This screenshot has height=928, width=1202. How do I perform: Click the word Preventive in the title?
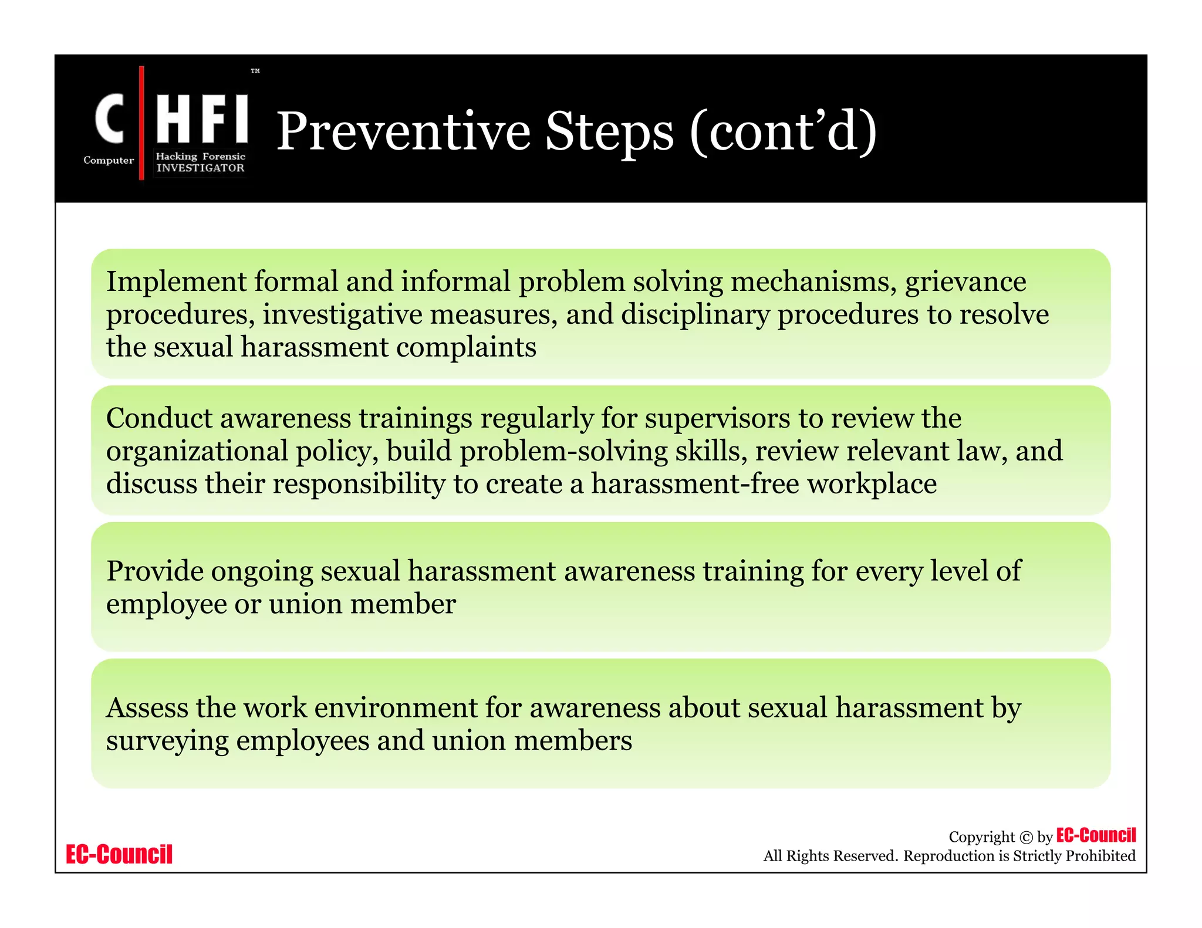403,131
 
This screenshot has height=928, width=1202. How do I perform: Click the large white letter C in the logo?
110,119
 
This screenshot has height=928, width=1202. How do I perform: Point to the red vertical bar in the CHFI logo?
141,123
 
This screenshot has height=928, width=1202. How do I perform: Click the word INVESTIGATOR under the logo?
200,168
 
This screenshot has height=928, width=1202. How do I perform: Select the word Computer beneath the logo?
109,160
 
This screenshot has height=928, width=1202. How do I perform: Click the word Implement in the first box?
176,282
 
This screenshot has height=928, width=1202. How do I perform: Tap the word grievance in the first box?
965,282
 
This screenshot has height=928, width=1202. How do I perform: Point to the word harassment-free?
695,484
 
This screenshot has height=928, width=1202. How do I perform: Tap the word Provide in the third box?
155,571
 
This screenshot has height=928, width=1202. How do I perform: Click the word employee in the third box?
166,604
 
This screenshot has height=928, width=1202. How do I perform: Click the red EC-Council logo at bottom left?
119,854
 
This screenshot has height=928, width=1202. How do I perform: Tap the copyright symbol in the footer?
1026,838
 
